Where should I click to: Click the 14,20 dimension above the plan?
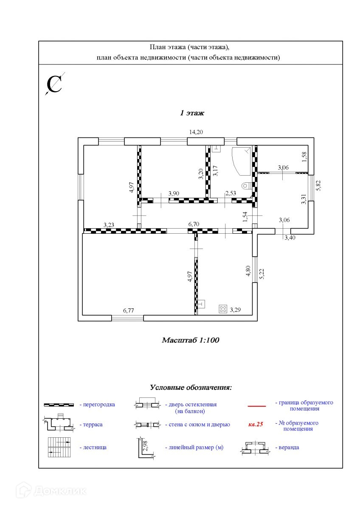[x=196, y=132]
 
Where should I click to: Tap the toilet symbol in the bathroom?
[x=245, y=185]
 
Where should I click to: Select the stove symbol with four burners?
[x=223, y=309]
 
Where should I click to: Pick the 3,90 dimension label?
[x=174, y=193]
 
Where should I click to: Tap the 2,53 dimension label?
[x=231, y=193]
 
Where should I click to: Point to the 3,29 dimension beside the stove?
[x=235, y=310]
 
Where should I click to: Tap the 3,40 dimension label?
[x=290, y=238]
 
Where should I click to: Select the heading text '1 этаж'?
[x=192, y=113]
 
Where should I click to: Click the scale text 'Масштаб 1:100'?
[x=190, y=340]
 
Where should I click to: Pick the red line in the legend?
[x=256, y=406]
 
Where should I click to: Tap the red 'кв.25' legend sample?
[x=256, y=424]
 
